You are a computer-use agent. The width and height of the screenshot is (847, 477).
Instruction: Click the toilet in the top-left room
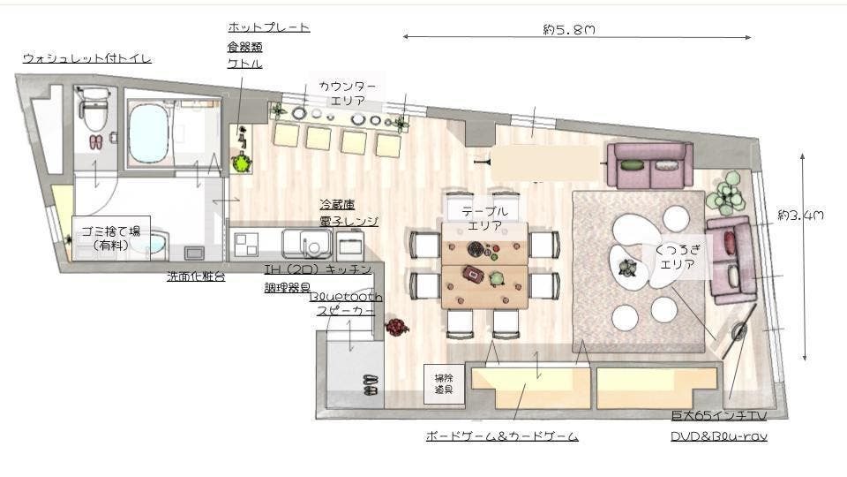92,110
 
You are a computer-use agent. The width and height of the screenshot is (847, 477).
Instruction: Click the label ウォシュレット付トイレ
86,58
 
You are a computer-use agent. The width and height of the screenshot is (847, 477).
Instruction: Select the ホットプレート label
268,27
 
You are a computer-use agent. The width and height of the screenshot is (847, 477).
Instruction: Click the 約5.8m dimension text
568,29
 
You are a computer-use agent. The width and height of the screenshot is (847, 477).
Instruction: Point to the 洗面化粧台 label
195,276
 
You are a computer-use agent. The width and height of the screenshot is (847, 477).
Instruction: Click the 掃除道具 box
443,382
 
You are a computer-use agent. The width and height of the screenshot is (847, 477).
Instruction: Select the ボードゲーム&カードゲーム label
501,435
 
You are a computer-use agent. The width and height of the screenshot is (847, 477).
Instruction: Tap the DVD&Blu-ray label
718,435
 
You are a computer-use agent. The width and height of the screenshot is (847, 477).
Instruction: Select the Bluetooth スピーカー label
345,304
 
